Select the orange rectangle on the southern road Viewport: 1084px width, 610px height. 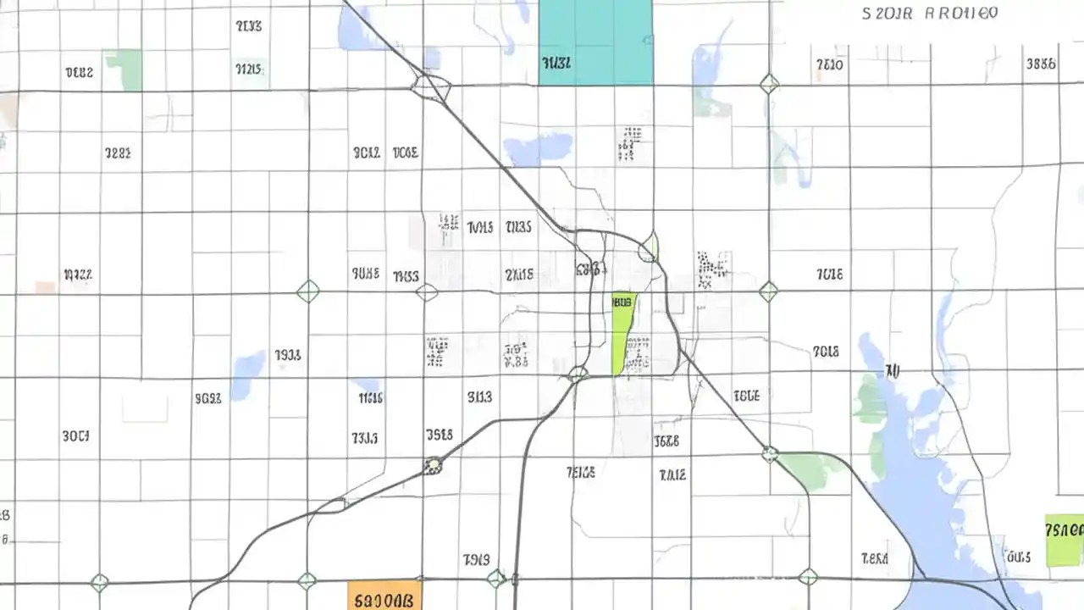click(x=384, y=595)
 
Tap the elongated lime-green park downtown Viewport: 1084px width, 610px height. click(x=622, y=335)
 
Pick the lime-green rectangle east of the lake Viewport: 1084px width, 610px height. click(x=1064, y=541)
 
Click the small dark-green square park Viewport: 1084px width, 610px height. click(x=123, y=69)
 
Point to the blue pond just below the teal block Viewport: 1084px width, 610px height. click(x=539, y=148)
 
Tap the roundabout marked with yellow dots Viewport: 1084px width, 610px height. click(x=434, y=465)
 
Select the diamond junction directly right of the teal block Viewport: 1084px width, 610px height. click(x=769, y=84)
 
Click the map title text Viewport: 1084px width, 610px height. click(x=930, y=14)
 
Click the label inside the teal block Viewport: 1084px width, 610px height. click(x=556, y=62)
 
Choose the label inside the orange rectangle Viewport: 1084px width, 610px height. click(x=384, y=601)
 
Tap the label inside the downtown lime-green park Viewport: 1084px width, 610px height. click(x=622, y=301)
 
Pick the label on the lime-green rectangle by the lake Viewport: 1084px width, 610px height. click(x=1065, y=530)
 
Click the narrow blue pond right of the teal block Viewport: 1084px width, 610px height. click(x=707, y=72)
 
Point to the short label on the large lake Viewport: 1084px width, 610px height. click(x=892, y=370)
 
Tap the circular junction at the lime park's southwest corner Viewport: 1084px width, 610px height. click(x=578, y=373)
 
